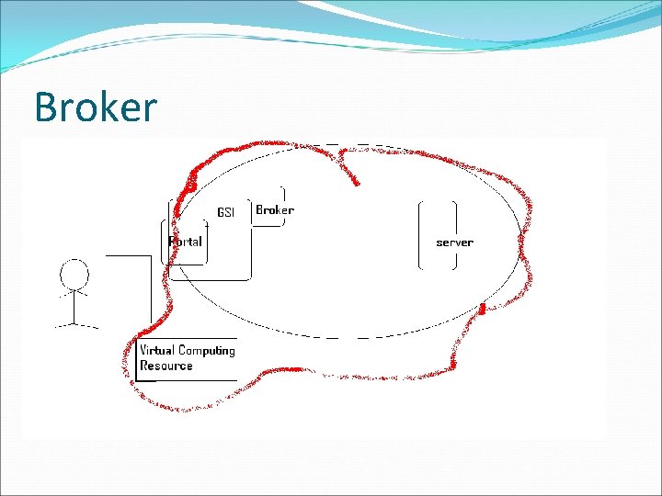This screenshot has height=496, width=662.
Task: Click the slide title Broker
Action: pyautogui.click(x=96, y=107)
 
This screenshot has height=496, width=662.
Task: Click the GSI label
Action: pyautogui.click(x=225, y=212)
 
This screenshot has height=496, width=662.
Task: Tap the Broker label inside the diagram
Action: pyautogui.click(x=274, y=210)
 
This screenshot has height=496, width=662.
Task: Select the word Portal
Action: pyautogui.click(x=185, y=242)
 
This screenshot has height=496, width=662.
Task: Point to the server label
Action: pyautogui.click(x=454, y=242)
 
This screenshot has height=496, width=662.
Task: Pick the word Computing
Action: pyautogui.click(x=207, y=351)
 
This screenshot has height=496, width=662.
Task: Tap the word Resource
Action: pyautogui.click(x=166, y=366)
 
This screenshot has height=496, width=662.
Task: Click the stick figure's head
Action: pyautogui.click(x=74, y=274)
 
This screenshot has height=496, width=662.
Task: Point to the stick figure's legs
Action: pyautogui.click(x=74, y=317)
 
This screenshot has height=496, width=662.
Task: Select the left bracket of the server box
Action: pyautogui.click(x=421, y=234)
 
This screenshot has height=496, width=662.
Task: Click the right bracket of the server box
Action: pyautogui.click(x=454, y=234)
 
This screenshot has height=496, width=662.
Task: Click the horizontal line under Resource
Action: pyautogui.click(x=188, y=379)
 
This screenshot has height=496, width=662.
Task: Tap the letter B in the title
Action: pyautogui.click(x=44, y=107)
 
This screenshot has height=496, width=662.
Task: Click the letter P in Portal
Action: pyautogui.click(x=172, y=242)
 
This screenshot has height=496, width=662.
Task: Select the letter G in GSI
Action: pyautogui.click(x=220, y=212)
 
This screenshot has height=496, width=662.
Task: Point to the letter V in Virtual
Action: pyautogui.click(x=143, y=350)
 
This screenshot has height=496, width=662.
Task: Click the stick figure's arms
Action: pyautogui.click(x=74, y=294)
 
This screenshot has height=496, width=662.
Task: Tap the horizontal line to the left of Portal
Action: pyautogui.click(x=128, y=255)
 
